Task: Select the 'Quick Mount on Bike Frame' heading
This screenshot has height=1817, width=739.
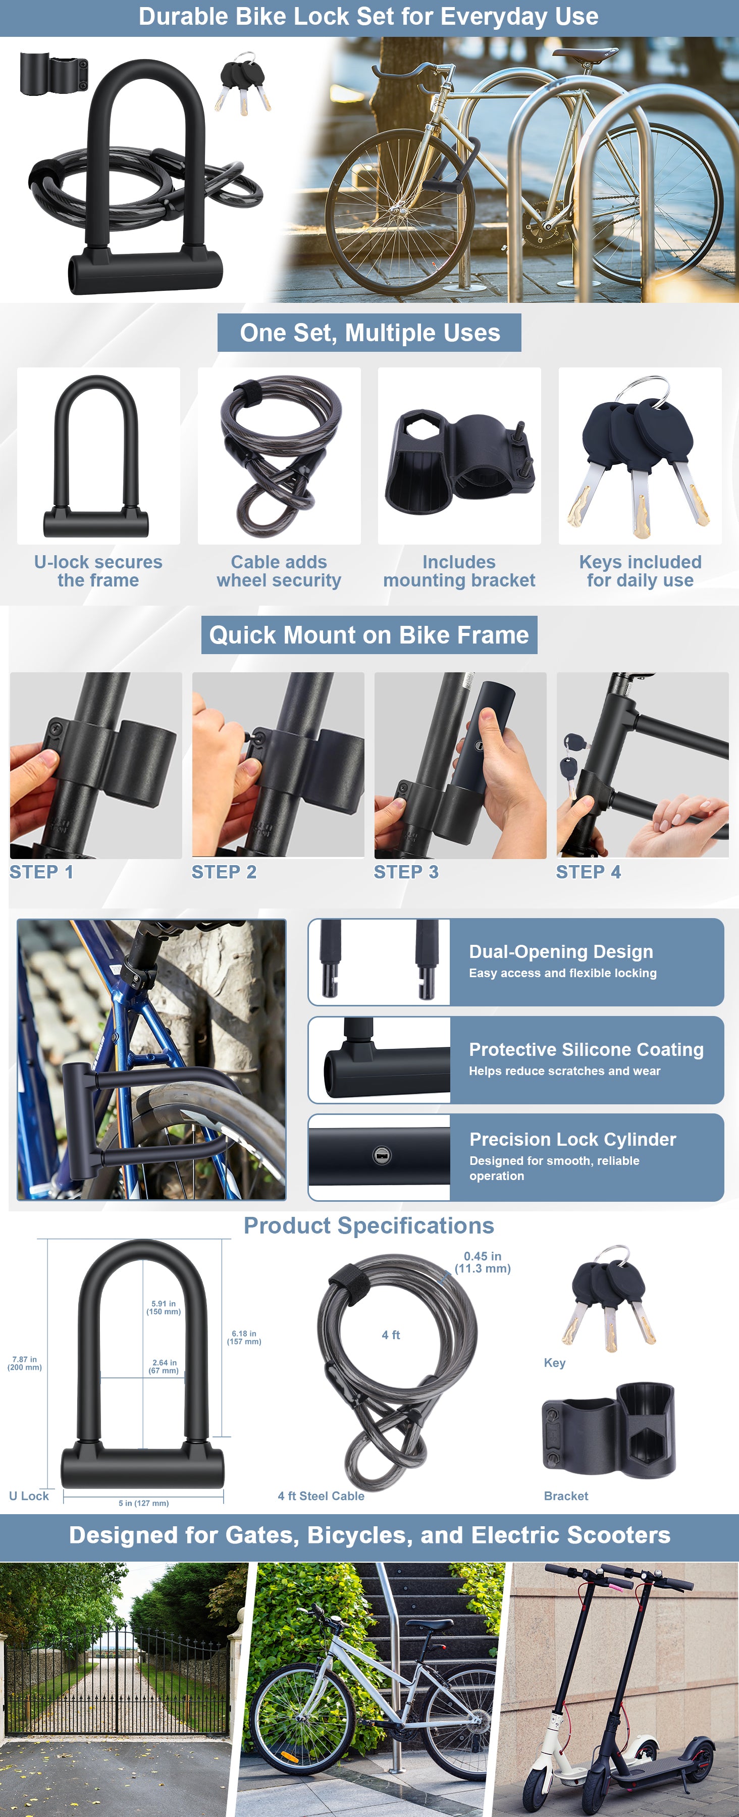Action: click(369, 635)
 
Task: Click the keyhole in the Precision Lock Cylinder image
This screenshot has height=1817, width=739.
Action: click(382, 1155)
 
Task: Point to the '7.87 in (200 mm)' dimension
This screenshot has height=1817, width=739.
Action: click(25, 1363)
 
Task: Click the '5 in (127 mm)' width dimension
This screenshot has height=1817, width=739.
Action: click(144, 1503)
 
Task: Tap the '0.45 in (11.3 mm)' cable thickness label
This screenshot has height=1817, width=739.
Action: click(483, 1262)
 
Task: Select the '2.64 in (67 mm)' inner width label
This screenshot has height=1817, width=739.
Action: click(164, 1366)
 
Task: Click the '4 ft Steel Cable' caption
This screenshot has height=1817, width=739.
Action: click(321, 1495)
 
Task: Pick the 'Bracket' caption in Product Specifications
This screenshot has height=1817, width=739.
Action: click(565, 1495)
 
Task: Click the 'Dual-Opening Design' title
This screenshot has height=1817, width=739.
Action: click(561, 951)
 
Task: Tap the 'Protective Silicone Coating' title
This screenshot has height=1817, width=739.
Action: click(586, 1050)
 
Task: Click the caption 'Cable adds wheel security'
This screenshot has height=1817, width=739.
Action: click(279, 571)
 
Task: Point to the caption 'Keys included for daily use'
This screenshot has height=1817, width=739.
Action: click(640, 571)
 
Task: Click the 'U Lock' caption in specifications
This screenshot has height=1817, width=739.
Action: click(29, 1495)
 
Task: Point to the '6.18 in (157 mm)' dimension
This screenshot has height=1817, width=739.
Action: click(244, 1338)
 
